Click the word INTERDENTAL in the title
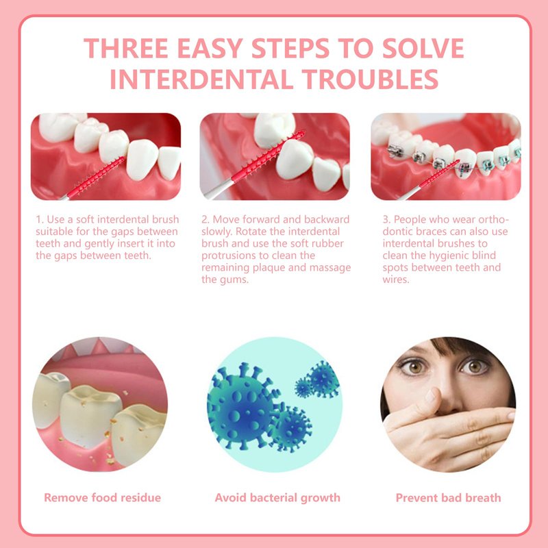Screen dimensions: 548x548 201,79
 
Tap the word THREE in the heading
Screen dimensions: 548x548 126,48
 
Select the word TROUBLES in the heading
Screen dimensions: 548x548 371,79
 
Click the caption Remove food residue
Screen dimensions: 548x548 102,498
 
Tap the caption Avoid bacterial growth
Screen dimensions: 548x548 277,498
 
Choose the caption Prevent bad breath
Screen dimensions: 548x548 449,498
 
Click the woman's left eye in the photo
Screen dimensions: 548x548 474,366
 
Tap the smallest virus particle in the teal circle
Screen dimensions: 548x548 303,387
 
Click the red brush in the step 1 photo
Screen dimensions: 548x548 95,178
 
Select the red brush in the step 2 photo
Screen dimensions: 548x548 267,156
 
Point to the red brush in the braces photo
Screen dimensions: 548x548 439,174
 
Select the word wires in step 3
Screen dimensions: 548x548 395,279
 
